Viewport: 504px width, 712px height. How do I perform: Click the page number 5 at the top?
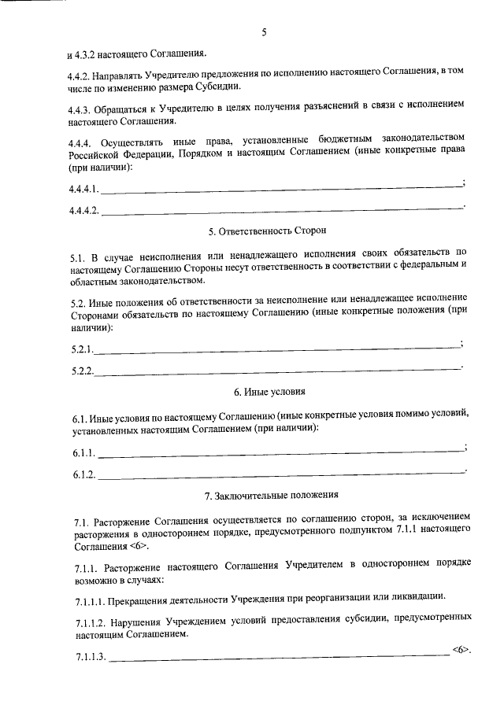tap(265, 32)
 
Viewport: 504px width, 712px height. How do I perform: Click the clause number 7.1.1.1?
tap(87, 599)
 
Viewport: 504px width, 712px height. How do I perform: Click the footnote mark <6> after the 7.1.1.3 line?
tap(461, 651)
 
